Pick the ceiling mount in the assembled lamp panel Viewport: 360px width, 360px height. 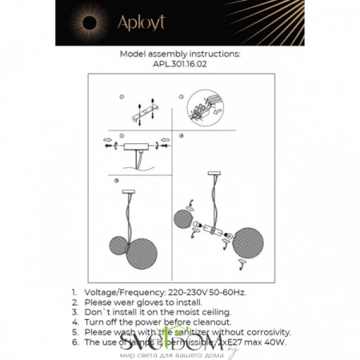pos(129,191)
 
